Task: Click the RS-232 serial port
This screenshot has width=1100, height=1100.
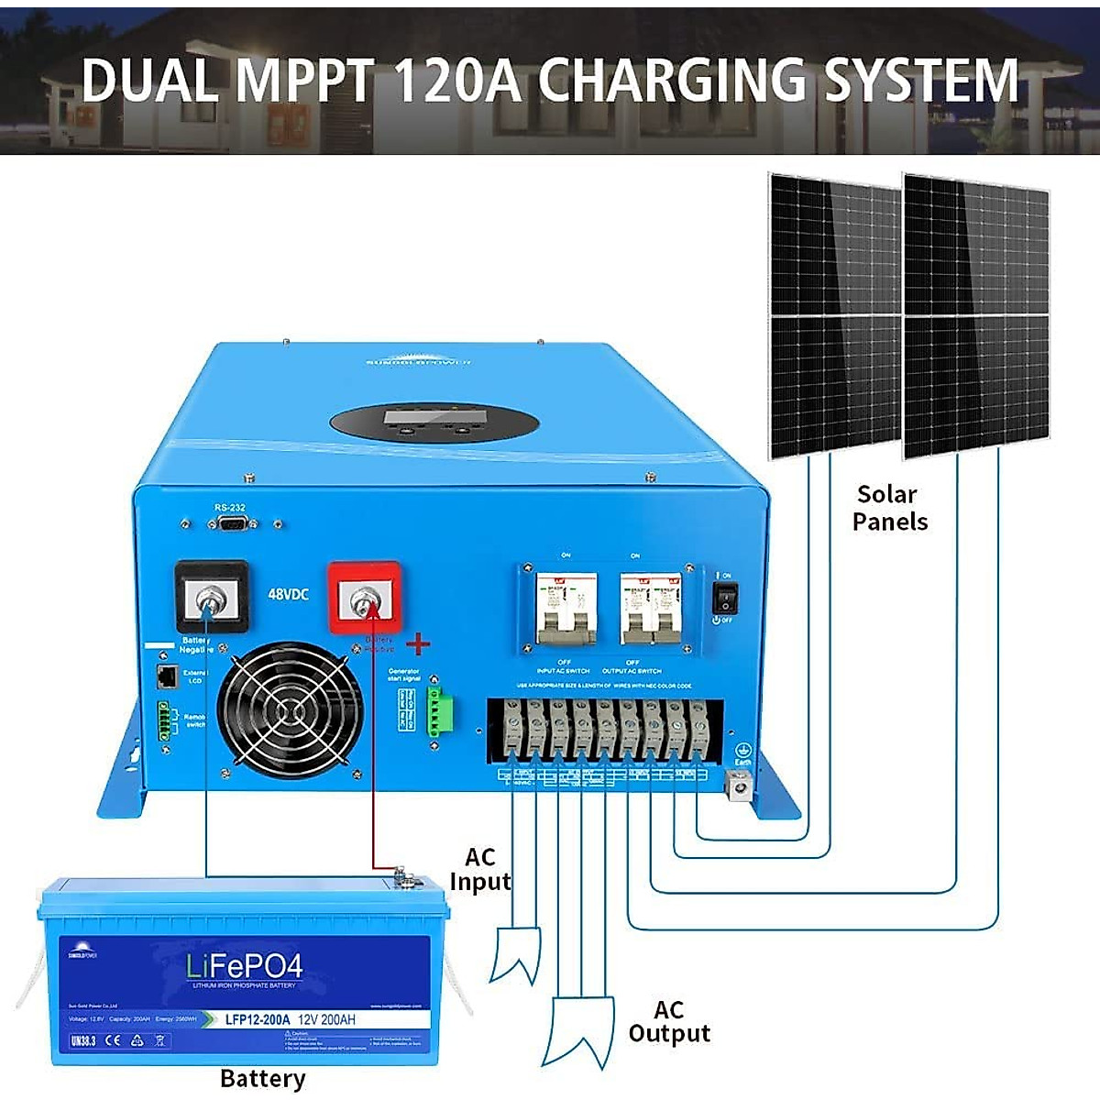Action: (231, 524)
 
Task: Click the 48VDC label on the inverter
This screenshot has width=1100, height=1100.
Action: (288, 594)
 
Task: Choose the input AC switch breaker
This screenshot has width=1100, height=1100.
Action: (566, 606)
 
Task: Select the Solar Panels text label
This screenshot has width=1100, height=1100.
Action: (889, 508)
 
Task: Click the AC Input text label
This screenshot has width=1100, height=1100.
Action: (479, 869)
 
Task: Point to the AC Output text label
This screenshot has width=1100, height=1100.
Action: (669, 1021)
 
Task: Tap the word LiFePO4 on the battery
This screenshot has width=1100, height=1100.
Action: (244, 965)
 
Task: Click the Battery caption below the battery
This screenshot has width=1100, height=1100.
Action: (262, 1079)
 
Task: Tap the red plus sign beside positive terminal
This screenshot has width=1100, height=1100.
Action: (418, 644)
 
